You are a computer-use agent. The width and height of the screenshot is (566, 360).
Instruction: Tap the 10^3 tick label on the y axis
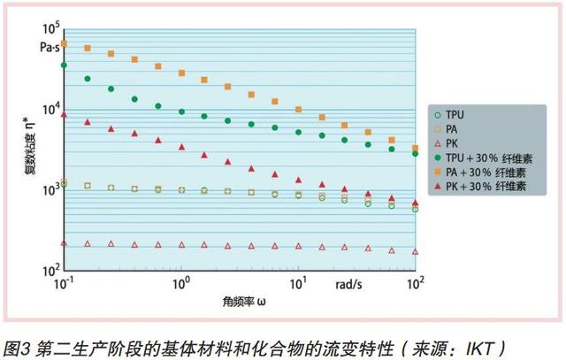click(50, 190)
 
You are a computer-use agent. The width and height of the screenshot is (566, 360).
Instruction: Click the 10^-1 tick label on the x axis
click(65, 284)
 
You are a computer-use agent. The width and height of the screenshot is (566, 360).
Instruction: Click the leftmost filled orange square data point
click(64, 42)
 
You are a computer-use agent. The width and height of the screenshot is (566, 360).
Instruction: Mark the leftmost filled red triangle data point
click(64, 114)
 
